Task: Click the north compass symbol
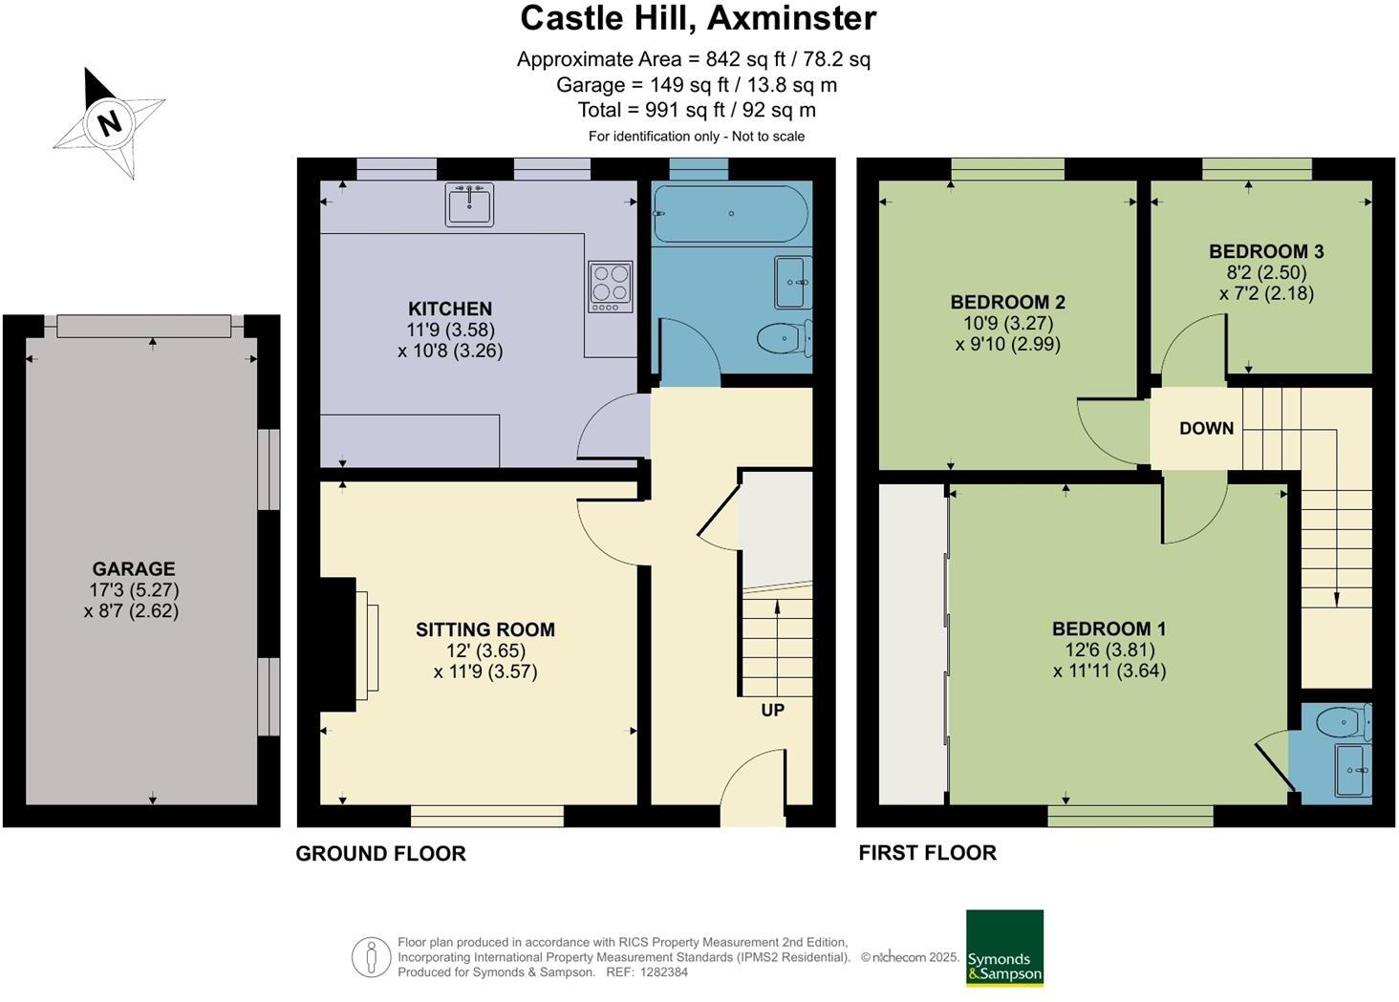point(109,122)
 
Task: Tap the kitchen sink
point(469,204)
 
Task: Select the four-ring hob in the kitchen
point(611,286)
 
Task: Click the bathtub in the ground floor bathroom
point(731,213)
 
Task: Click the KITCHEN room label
point(450,309)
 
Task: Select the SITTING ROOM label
point(484,629)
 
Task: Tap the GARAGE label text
point(133,568)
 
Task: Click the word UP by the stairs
point(772,710)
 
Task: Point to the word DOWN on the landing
point(1206,428)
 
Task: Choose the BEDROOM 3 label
point(1266,251)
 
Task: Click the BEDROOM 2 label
point(1007,302)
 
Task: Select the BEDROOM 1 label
point(1108,629)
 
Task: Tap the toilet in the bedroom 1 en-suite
point(1344,722)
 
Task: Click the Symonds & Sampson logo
point(1003,948)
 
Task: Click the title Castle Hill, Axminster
point(698,18)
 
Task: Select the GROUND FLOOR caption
point(380,854)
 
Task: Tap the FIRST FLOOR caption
point(927,853)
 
